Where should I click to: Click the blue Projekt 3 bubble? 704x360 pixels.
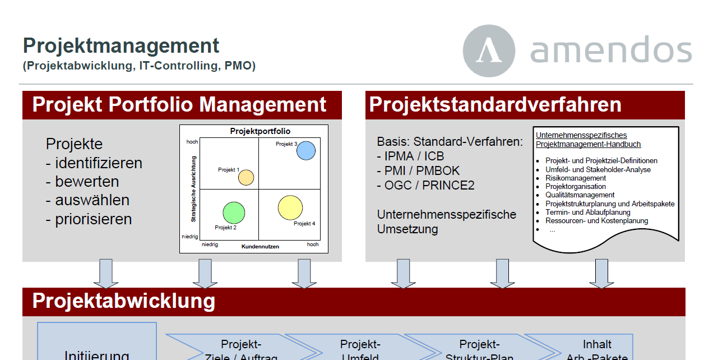click(x=305, y=150)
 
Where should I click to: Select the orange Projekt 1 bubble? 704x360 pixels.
click(x=246, y=177)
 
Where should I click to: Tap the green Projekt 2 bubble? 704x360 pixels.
click(x=234, y=213)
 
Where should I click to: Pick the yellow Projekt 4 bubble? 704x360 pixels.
click(x=290, y=208)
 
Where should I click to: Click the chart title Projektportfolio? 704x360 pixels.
click(x=261, y=131)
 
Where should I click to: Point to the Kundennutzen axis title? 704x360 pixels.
click(x=260, y=247)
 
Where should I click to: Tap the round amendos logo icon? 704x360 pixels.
click(x=489, y=50)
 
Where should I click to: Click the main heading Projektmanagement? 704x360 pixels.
click(x=121, y=45)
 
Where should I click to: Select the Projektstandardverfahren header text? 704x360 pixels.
click(x=495, y=105)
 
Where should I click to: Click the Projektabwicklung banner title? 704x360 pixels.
click(x=124, y=301)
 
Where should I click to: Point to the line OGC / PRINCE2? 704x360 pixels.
click(x=426, y=185)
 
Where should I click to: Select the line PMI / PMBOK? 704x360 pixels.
click(x=419, y=170)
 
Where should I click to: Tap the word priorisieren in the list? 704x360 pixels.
click(x=94, y=219)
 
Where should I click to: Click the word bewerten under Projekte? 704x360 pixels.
click(x=87, y=182)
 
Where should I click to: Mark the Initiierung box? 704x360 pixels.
click(x=97, y=348)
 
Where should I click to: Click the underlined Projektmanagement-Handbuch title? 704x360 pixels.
click(x=588, y=144)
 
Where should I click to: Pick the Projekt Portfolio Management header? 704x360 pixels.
click(x=179, y=105)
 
